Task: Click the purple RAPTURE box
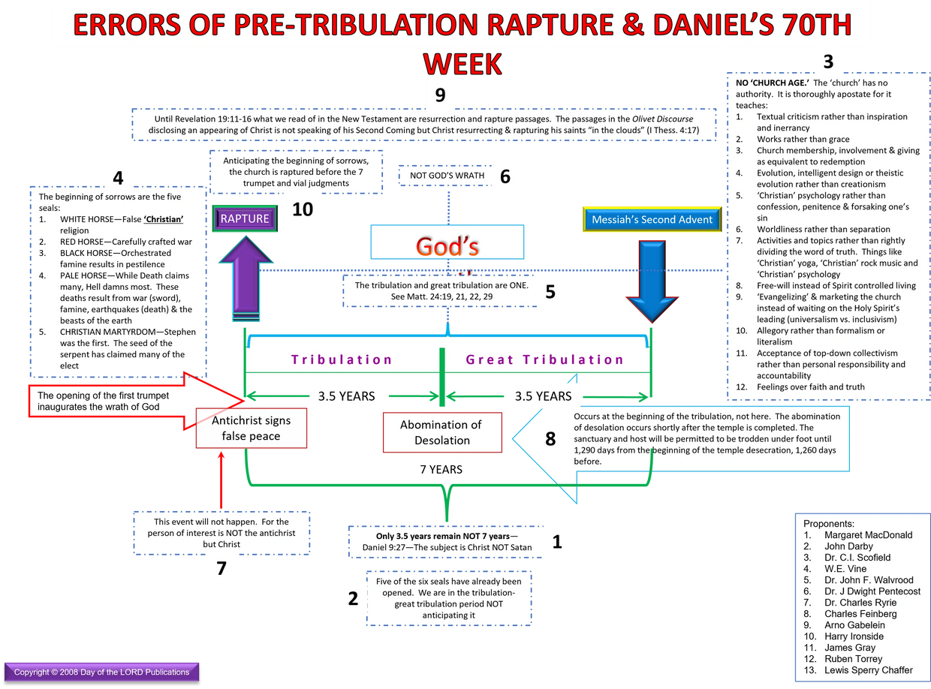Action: [x=245, y=219]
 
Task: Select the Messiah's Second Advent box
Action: [x=651, y=220]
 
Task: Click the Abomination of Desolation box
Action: [x=442, y=432]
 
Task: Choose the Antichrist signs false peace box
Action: [x=251, y=429]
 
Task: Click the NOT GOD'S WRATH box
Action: [x=447, y=176]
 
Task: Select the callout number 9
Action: [x=440, y=95]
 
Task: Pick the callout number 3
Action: [x=828, y=62]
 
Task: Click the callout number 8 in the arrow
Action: [x=550, y=440]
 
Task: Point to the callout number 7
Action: [x=221, y=569]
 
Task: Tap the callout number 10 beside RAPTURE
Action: [x=303, y=209]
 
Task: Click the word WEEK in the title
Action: [x=462, y=65]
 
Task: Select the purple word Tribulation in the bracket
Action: [x=342, y=360]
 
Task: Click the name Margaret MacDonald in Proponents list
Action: [x=868, y=535]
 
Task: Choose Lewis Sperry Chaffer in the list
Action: [x=869, y=670]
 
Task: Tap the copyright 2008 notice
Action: [x=102, y=672]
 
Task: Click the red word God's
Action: [x=447, y=245]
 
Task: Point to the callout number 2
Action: [x=353, y=598]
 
